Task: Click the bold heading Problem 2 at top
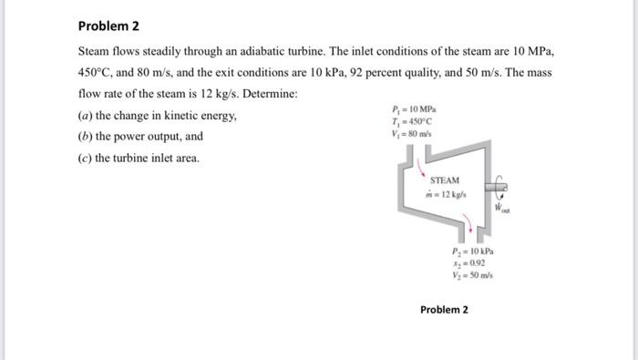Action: pos(106,26)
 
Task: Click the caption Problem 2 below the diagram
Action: pos(444,310)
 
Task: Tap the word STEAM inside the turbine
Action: pos(445,180)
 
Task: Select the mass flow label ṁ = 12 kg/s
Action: pos(444,194)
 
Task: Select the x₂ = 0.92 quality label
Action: pos(469,262)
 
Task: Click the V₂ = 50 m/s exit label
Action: pos(471,273)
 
